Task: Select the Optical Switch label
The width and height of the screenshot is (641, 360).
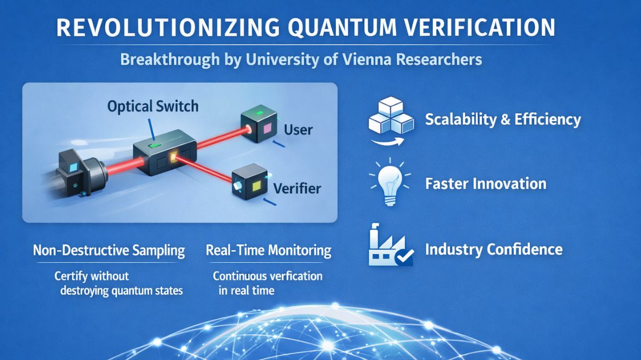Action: pos(153,106)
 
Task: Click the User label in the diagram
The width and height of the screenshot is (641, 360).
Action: pos(298,129)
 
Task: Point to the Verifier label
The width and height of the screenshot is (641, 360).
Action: pos(297,188)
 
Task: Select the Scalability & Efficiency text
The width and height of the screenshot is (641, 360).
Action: pos(503,119)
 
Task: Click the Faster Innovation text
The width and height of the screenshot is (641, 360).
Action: pos(486,184)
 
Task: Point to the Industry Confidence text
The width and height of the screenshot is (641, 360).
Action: pos(494,249)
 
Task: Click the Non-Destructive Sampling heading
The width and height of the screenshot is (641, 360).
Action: pos(109,250)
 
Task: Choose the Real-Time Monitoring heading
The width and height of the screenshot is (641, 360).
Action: pos(268,250)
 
